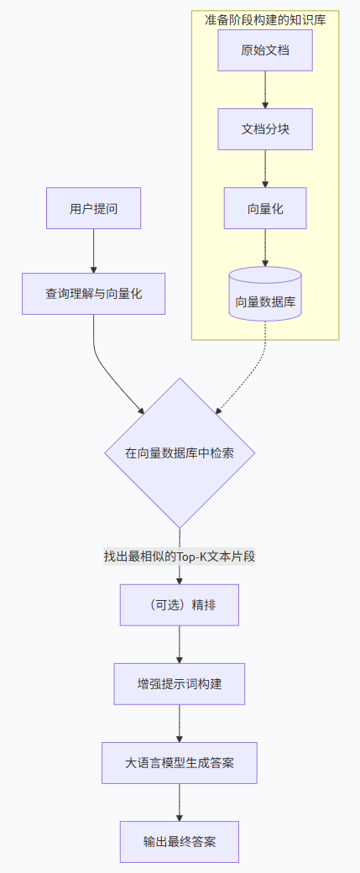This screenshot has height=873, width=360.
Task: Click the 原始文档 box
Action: click(x=265, y=50)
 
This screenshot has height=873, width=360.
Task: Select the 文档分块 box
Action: click(x=265, y=129)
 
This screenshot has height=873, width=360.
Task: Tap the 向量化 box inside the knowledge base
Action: click(x=265, y=208)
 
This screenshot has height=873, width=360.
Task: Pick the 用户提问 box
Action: click(x=93, y=208)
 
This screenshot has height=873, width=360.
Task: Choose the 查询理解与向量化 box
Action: click(x=93, y=294)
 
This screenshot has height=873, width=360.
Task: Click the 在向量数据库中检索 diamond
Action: click(x=180, y=452)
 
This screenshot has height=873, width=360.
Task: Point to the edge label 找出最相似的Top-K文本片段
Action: click(x=180, y=556)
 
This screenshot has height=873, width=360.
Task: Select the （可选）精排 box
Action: click(x=180, y=605)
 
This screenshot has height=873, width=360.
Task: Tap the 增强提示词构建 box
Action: click(x=180, y=683)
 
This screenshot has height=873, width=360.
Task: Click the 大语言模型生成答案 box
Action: click(x=180, y=762)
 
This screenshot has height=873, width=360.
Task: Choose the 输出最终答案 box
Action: click(x=180, y=841)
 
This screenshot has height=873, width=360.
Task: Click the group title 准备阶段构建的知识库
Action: click(x=265, y=19)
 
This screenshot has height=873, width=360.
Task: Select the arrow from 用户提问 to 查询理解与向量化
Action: click(x=93, y=250)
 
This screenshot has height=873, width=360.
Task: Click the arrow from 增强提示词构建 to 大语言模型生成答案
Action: click(x=180, y=723)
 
